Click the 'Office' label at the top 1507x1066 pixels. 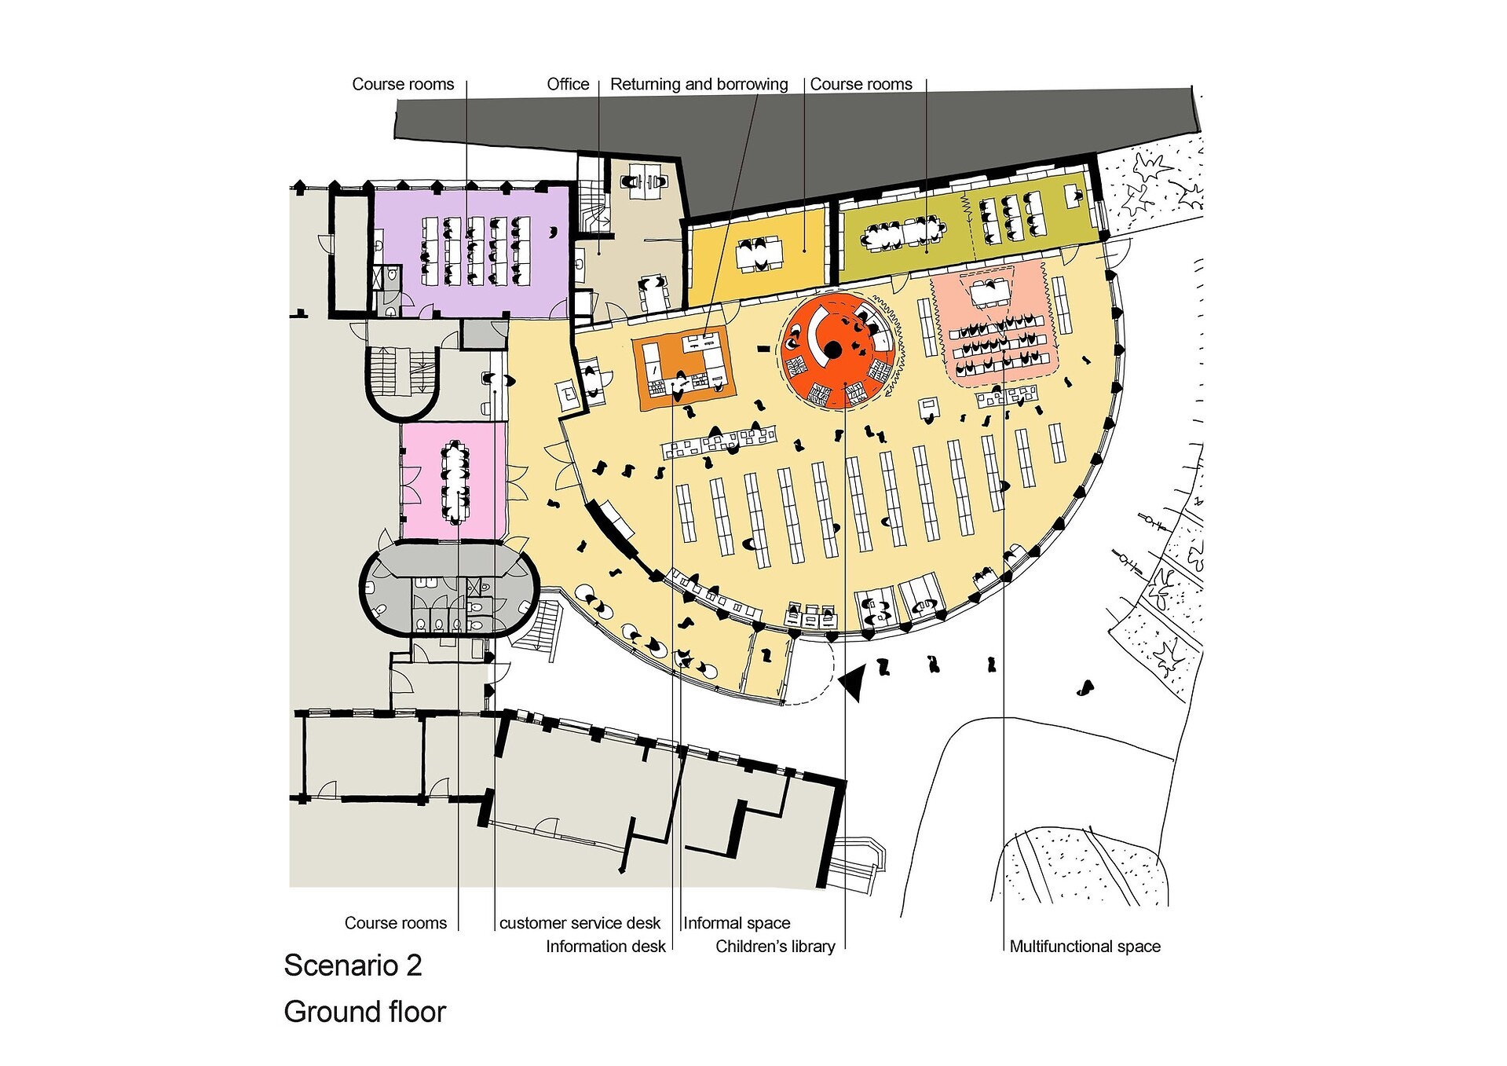coord(568,84)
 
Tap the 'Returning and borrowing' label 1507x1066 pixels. coord(699,84)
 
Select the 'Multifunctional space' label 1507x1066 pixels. coord(1085,946)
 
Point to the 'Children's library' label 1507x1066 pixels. coord(775,946)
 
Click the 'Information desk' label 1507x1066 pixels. coord(605,946)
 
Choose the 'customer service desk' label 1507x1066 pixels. coord(580,923)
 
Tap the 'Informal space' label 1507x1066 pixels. coord(737,923)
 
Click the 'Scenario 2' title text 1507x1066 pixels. coord(353,965)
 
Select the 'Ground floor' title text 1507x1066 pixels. coord(364,1012)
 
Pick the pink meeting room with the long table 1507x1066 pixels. coord(454,481)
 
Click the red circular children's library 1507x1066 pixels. coord(837,349)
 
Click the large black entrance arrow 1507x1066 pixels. coord(853,681)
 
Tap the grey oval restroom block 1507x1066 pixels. coord(449,588)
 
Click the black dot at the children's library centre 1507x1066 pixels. coord(833,349)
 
